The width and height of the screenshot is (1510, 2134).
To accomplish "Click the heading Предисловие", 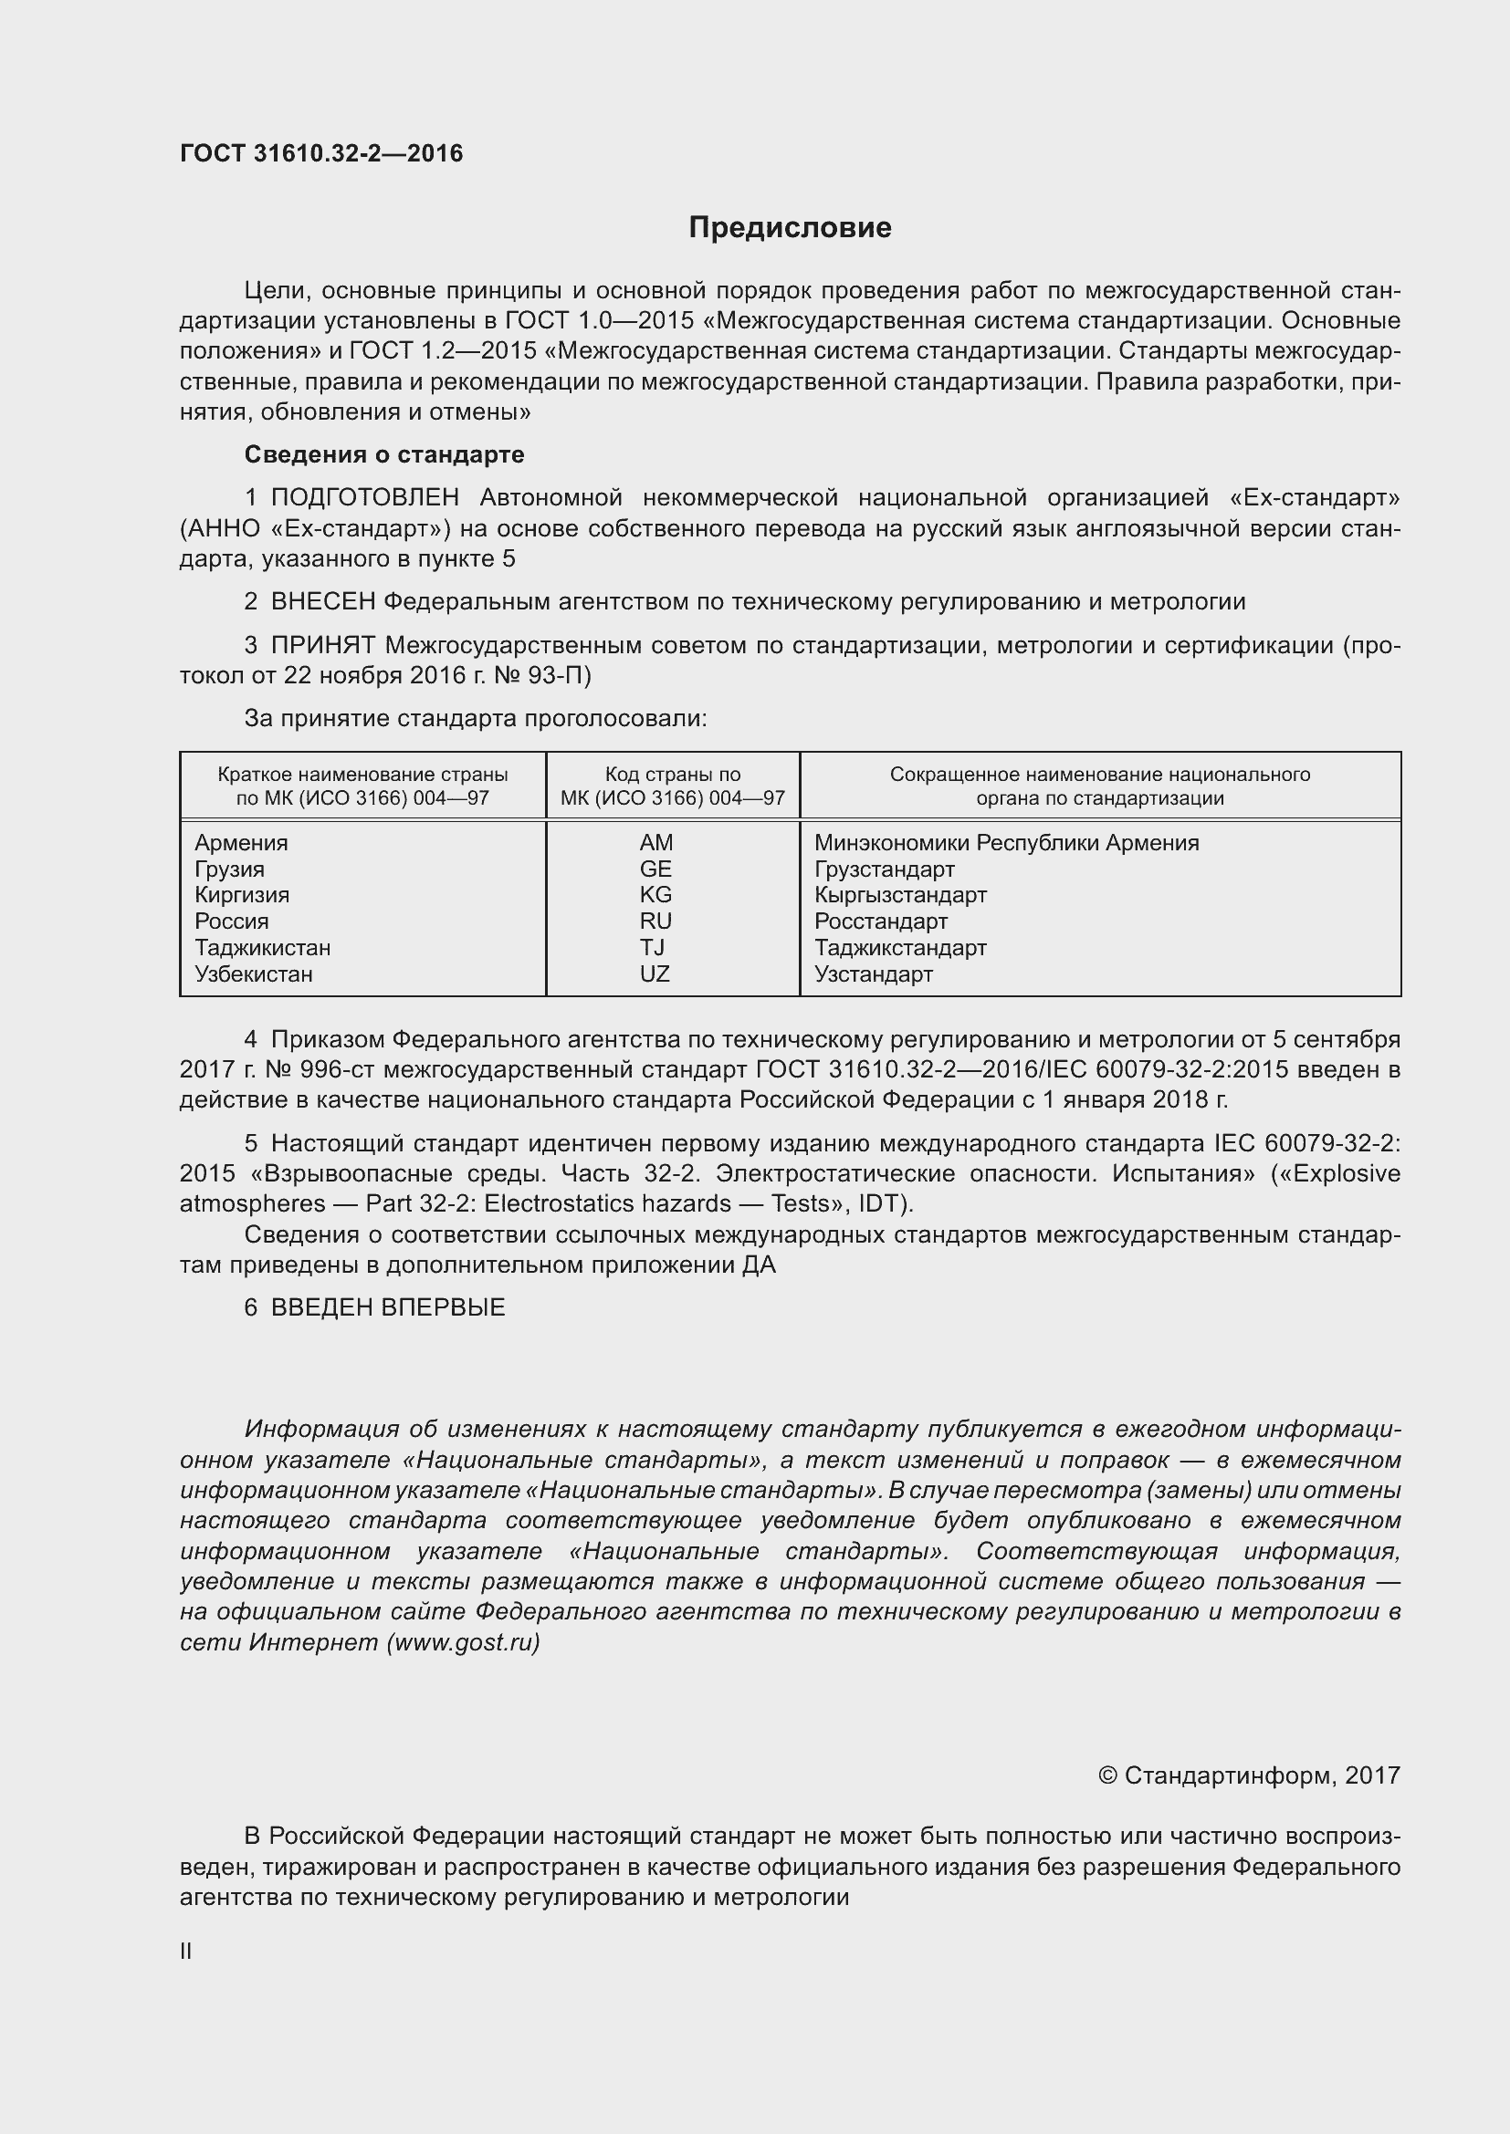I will (790, 228).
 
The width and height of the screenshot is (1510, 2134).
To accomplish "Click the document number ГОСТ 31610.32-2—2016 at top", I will (320, 153).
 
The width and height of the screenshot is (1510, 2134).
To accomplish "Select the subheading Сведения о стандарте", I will (384, 454).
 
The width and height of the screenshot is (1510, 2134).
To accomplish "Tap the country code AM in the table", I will (655, 842).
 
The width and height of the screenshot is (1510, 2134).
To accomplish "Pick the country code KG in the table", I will (655, 894).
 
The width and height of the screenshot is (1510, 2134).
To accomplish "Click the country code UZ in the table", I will (655, 973).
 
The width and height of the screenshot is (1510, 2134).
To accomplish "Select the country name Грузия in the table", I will (230, 869).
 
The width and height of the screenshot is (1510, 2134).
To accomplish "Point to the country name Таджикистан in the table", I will (262, 947).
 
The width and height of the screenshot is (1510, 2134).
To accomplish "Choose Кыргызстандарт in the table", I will (900, 894).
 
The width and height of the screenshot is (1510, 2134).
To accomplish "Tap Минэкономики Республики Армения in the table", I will (1006, 842).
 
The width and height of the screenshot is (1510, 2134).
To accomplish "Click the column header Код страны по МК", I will (672, 786).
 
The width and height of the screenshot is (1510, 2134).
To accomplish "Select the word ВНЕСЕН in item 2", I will (322, 602).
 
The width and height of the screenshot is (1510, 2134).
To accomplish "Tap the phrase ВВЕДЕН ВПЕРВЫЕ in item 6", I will (388, 1306).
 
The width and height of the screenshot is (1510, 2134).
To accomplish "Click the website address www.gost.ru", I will (463, 1642).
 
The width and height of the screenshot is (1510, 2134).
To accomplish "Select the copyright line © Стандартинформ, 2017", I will (1249, 1775).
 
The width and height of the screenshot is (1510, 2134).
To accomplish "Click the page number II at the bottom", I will (186, 1951).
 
